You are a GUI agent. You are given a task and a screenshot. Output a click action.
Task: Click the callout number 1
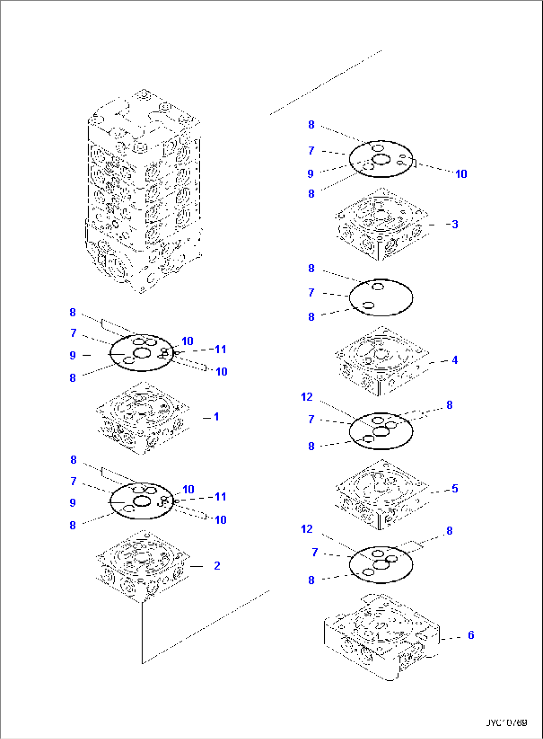pos(216,417)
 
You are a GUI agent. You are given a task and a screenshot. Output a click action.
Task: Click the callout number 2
pos(217,566)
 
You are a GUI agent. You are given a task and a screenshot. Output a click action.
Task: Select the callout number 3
pos(454,224)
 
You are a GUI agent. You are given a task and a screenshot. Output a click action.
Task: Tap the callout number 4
pos(455,360)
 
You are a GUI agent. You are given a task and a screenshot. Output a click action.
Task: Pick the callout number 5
pos(455,489)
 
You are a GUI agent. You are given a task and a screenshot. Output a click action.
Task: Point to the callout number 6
pos(471,635)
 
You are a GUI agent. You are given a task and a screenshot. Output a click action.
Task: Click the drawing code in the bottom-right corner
pos(507,722)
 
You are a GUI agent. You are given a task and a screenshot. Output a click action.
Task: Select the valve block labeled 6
pos(381,637)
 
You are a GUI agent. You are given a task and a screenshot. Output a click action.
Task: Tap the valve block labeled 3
pos(382,224)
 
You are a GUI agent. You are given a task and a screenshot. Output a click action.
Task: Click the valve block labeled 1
pos(143,418)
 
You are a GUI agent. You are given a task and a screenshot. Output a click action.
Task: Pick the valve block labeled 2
pos(143,566)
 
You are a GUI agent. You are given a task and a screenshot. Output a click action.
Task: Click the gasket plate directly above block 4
pos(381,298)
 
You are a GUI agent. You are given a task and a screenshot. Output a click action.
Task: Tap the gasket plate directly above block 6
pos(381,564)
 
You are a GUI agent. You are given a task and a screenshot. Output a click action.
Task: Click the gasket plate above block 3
pos(381,159)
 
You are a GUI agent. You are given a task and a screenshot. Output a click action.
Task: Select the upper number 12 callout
pos(307,397)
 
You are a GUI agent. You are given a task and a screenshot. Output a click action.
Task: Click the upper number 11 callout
pos(220,350)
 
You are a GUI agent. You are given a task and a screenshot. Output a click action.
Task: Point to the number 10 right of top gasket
pos(461,174)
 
